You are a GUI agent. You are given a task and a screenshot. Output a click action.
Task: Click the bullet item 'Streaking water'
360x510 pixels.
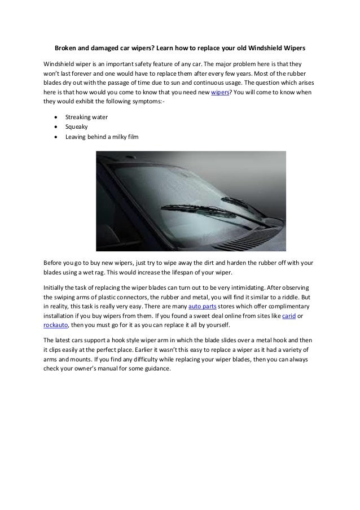[87, 116]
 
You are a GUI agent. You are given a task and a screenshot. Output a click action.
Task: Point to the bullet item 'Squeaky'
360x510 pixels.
[77, 127]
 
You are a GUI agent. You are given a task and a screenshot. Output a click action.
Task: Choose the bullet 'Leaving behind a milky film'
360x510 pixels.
[101, 137]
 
